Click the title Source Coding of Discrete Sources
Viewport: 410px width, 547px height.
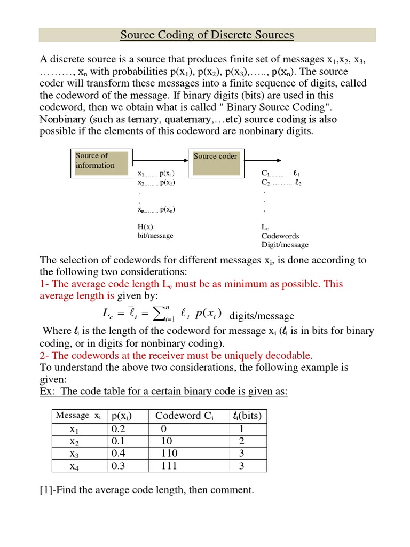point(207,35)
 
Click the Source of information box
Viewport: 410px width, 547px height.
point(101,163)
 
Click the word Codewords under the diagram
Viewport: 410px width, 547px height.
point(280,236)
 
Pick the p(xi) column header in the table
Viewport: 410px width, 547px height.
point(121,416)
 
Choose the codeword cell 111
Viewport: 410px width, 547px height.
point(169,466)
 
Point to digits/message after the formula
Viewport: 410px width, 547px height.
point(262,316)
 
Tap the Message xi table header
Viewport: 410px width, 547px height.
point(78,416)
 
